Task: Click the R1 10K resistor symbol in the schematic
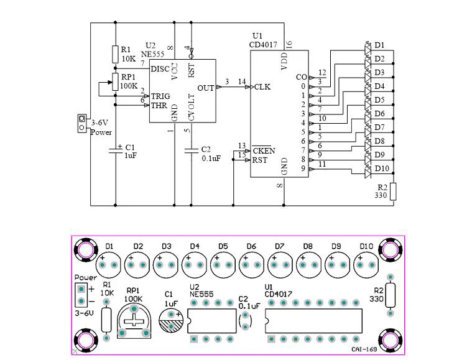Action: point(115,53)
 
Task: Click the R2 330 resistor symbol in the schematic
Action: point(392,191)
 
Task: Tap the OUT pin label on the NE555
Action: point(206,88)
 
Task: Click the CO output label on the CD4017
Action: point(301,77)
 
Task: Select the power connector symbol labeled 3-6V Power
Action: point(81,123)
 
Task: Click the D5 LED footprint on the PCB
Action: point(223,264)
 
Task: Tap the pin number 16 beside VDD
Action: point(289,45)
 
